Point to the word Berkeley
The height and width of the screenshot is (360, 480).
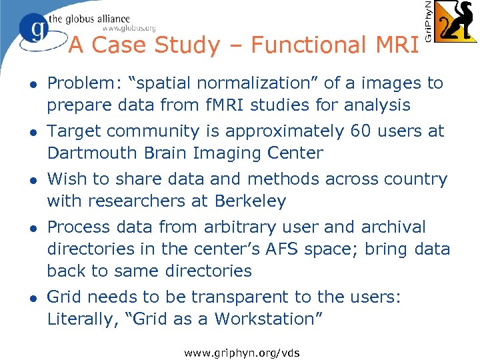tap(251, 201)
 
